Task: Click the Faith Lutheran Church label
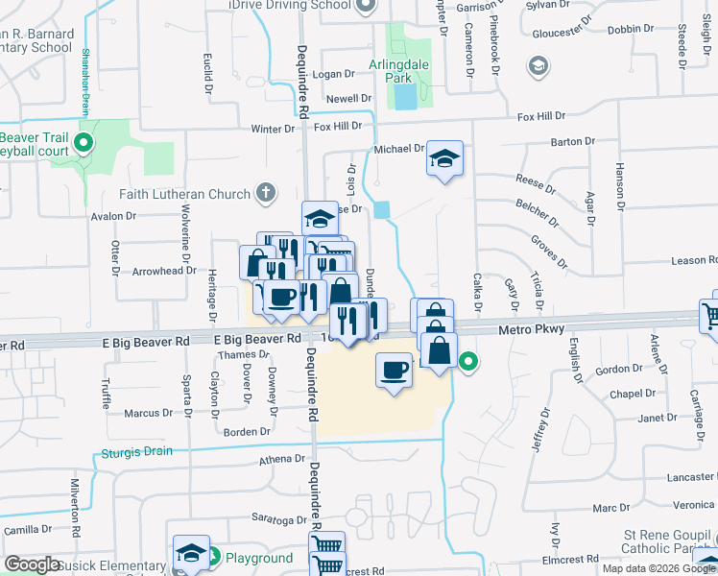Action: (x=184, y=194)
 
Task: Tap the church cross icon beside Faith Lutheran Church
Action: (x=267, y=194)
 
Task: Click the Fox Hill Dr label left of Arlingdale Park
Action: (x=337, y=126)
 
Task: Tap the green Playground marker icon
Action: (x=216, y=557)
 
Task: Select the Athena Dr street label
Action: (x=279, y=460)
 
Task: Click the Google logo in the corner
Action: (x=33, y=564)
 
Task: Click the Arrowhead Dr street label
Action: (x=164, y=272)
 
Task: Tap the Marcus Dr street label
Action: (x=148, y=413)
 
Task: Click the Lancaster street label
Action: (x=692, y=477)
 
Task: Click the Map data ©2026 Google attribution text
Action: (x=657, y=568)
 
